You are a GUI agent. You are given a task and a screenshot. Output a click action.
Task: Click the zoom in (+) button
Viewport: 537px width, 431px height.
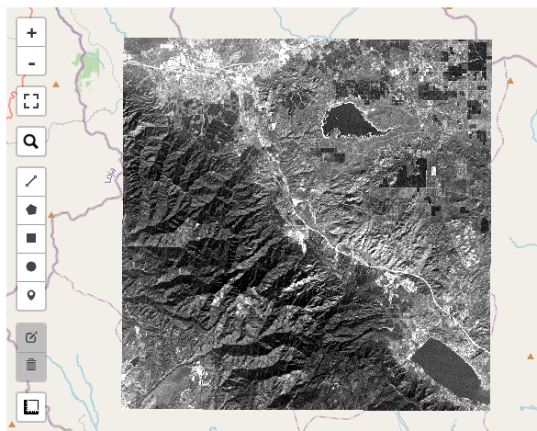coord(31,33)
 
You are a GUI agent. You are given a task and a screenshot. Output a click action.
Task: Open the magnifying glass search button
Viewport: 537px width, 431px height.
coord(31,142)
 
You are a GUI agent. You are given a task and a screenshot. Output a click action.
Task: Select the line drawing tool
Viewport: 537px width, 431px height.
coord(31,182)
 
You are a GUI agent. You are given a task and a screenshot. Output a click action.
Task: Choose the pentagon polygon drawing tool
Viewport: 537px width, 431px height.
coord(31,210)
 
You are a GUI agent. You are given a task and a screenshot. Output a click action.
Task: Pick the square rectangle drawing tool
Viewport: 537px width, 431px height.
coord(31,238)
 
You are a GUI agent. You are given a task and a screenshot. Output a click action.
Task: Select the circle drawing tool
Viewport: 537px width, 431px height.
coord(31,267)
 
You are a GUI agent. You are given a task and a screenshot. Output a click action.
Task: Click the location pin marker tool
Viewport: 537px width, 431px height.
coord(31,295)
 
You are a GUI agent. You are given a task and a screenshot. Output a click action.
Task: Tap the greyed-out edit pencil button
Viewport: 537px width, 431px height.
coord(31,336)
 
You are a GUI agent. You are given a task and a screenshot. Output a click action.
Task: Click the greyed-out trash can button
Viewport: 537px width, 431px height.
coord(31,365)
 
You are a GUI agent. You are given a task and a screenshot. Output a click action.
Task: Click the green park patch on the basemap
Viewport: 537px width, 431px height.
coord(90,65)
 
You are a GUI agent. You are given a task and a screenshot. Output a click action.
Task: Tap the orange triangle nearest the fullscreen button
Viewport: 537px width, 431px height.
coord(56,85)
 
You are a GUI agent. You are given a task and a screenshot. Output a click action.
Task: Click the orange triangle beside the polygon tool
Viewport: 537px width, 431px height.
coord(51,215)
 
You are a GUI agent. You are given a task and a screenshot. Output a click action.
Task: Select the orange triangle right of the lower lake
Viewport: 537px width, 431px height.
coord(530,357)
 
